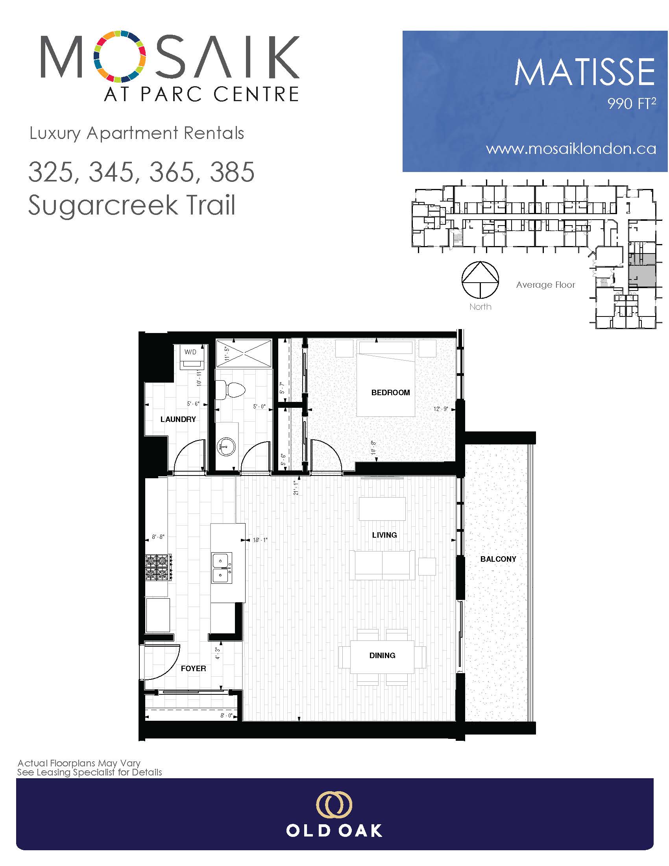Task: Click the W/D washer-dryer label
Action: pyautogui.click(x=190, y=352)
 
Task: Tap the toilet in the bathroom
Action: pyautogui.click(x=231, y=389)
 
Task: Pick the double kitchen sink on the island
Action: pyautogui.click(x=222, y=568)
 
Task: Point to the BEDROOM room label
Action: pyautogui.click(x=390, y=392)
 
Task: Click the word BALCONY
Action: pyautogui.click(x=498, y=559)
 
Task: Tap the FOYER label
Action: pyautogui.click(x=193, y=668)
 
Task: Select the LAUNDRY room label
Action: pyautogui.click(x=178, y=419)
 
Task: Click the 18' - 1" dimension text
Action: pyautogui.click(x=261, y=540)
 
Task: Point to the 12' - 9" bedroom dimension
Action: pyautogui.click(x=440, y=409)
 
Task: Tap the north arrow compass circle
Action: pyautogui.click(x=480, y=280)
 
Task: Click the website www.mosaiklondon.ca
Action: pyautogui.click(x=571, y=149)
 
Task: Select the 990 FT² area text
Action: pyautogui.click(x=632, y=104)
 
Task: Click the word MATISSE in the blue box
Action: pyautogui.click(x=584, y=72)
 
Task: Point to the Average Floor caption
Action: pyautogui.click(x=545, y=285)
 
